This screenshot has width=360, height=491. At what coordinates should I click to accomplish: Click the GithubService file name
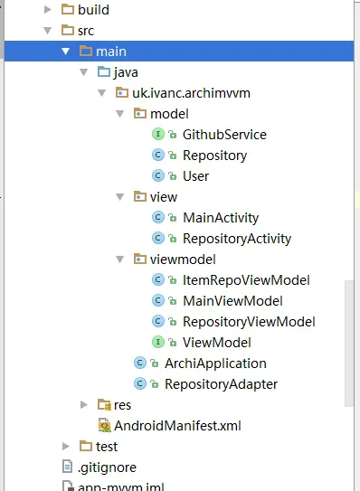[224, 135]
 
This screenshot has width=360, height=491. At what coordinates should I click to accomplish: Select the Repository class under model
[214, 156]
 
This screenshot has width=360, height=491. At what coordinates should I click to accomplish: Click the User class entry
[195, 176]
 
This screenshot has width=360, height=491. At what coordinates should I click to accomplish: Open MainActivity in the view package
[221, 218]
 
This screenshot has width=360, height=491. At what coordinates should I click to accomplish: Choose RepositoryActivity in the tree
[237, 239]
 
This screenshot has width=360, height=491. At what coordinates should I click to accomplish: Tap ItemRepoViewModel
[246, 280]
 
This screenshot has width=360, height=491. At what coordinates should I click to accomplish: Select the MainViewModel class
[232, 301]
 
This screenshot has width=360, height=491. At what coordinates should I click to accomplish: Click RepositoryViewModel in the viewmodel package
[249, 322]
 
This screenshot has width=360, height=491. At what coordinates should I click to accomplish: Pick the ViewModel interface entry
[216, 343]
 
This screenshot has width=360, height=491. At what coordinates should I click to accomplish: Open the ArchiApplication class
[215, 364]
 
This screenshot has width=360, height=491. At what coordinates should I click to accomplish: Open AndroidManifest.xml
[178, 425]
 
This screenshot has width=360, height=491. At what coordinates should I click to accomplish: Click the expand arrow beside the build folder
[47, 11]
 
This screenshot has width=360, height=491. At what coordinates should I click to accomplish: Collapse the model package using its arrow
[120, 114]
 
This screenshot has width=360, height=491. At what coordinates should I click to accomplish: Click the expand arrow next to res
[84, 404]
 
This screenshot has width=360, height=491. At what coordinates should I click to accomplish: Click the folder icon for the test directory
[85, 447]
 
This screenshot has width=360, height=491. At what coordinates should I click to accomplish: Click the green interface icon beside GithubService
[157, 135]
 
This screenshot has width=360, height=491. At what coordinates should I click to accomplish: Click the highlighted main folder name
[110, 52]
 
